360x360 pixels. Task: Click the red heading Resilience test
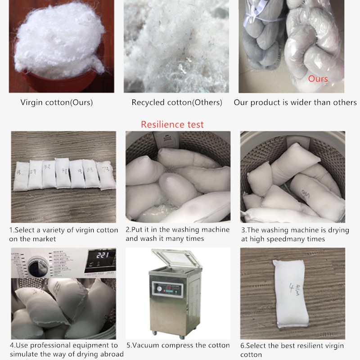tap(172, 125)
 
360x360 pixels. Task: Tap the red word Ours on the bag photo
tap(318, 79)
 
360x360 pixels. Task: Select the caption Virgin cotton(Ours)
tap(57, 103)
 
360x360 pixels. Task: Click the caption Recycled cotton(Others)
tap(177, 103)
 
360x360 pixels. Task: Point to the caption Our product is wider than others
tap(295, 103)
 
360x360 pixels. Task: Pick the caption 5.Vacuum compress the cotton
tap(178, 346)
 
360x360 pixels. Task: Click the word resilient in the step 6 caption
tap(307, 346)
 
